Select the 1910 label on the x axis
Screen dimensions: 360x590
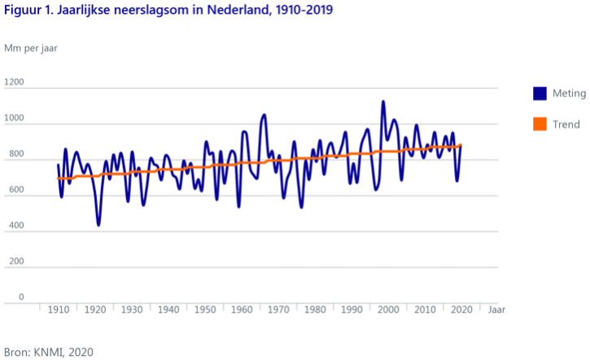[59, 310]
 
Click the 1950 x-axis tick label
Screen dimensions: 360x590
[206, 310]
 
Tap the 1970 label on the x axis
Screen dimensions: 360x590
[279, 310]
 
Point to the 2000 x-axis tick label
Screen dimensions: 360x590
[389, 310]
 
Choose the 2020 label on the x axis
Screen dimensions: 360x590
[462, 310]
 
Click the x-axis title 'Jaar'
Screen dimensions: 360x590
[496, 310]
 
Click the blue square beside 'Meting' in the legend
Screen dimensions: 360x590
[540, 93]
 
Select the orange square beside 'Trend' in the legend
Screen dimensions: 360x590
[540, 125]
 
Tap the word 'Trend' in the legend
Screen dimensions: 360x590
[566, 125]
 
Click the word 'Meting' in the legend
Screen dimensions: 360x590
[570, 93]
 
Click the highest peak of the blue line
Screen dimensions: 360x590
[383, 102]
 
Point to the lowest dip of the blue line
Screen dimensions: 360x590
[98, 224]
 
